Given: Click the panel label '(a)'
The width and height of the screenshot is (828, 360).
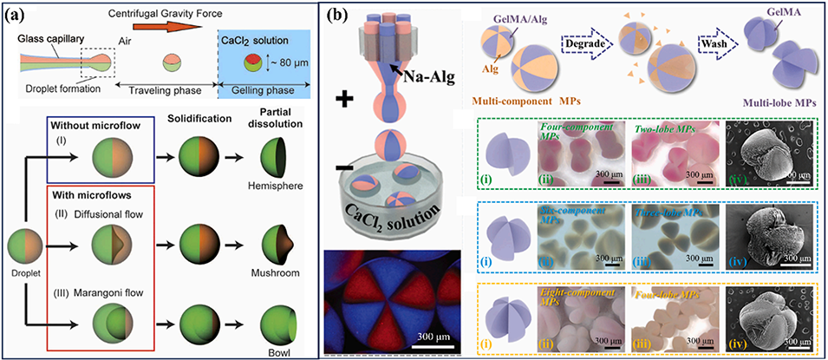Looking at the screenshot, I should click(x=17, y=16).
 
